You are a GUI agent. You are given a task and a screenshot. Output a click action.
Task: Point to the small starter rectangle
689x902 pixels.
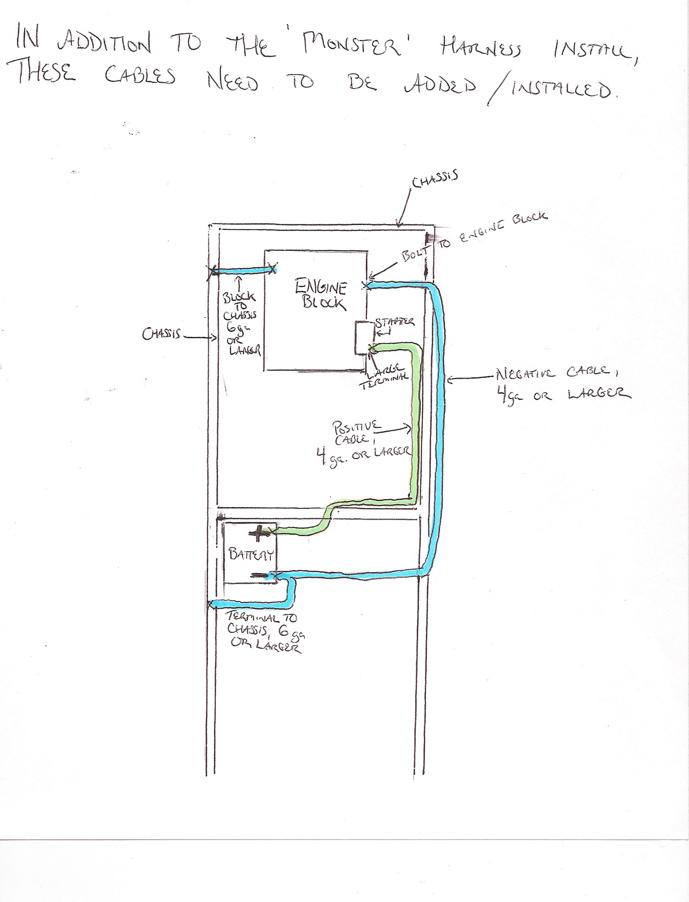pos(362,338)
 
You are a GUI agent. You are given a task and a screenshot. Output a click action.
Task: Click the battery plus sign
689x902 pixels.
pos(258,533)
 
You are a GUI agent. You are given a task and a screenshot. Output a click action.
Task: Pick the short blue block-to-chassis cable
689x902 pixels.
pos(243,271)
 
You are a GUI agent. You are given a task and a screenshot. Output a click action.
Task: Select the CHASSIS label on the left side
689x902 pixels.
pos(162,335)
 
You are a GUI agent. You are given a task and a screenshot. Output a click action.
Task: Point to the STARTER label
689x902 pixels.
pos(395,322)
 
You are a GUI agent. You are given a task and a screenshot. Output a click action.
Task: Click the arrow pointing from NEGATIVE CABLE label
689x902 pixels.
pos(471,379)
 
